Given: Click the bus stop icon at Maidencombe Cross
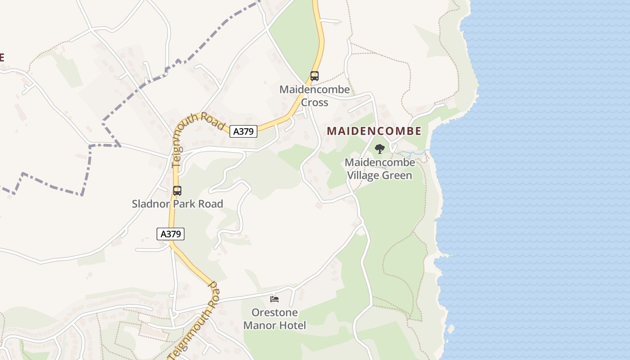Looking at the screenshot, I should coord(315,76).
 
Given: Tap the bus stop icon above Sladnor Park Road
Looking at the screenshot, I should coord(177,190).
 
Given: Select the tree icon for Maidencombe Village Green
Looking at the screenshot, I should coord(380,149).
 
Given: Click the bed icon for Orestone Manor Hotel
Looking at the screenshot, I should coord(274,299).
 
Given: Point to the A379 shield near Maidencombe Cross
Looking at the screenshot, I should coord(243,131).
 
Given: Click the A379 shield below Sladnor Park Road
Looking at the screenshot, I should coord(171,234).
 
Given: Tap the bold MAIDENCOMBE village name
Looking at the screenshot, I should coord(374,131).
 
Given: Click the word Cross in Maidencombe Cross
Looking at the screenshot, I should coord(315,103).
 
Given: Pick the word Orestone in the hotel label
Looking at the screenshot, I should coord(274,313).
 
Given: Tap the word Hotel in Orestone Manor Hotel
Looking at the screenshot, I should coord(292,325).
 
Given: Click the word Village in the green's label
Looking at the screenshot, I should coord(363,175).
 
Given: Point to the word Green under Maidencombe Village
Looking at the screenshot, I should coord(397,175).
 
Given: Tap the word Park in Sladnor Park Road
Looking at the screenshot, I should coord(188,204).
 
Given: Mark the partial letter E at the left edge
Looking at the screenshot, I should coord(2,57).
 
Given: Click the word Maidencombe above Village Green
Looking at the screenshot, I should coord(380,162).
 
